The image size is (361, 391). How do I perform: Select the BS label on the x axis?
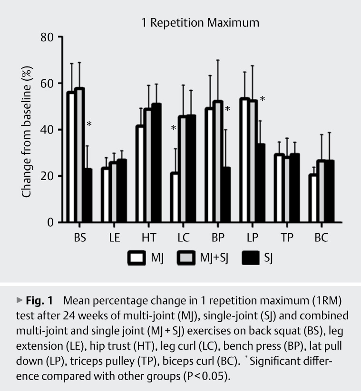click(x=79, y=238)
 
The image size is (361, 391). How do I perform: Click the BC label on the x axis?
click(x=321, y=238)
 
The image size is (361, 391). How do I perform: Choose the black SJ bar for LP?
click(x=261, y=183)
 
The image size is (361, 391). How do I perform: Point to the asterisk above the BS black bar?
click(x=89, y=125)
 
